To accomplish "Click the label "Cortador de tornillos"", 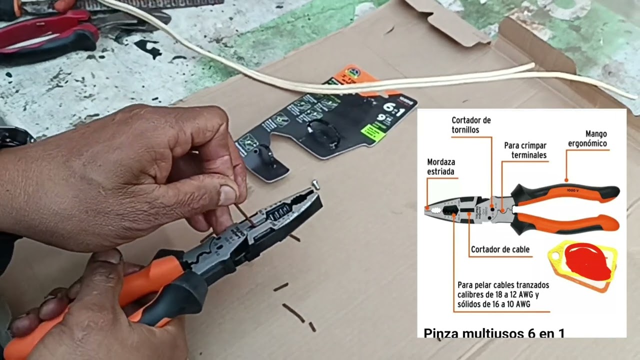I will (471, 125).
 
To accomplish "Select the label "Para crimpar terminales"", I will (525, 150).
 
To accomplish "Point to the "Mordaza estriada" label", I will (440, 166).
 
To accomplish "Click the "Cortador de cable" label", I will (500, 249).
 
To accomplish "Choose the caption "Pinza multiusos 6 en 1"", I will (494, 332).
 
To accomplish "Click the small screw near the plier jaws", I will (315, 184).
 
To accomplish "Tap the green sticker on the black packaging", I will (373, 132).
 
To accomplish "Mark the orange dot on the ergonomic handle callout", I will (566, 180).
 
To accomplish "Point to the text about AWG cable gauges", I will (502, 294).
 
